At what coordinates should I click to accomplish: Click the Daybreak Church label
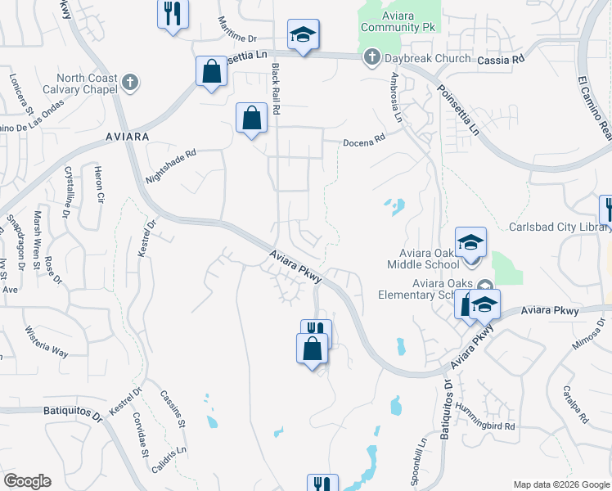coord(424,58)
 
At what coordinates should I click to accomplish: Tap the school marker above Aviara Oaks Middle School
coord(471,243)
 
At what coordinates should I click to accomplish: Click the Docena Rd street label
coord(364,141)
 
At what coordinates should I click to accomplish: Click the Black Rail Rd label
coord(276,89)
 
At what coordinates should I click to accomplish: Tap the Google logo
coord(27,481)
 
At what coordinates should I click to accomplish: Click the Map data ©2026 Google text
coord(561,484)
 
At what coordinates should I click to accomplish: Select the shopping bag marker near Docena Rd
coord(251,118)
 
